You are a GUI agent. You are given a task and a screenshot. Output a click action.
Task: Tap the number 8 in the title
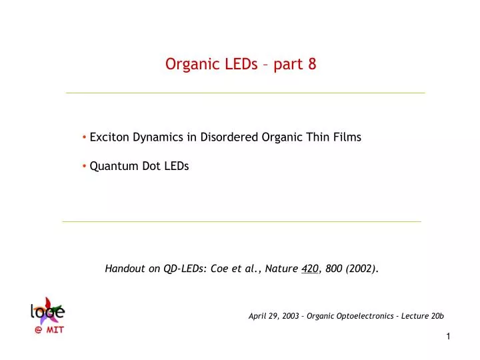(x=312, y=65)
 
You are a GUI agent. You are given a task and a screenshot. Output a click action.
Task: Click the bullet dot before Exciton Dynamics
(x=85, y=137)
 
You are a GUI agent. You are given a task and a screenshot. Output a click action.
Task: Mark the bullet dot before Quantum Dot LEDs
(x=85, y=167)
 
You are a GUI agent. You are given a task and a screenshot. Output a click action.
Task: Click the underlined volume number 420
(x=309, y=269)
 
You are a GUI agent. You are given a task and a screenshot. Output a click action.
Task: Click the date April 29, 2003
(x=273, y=316)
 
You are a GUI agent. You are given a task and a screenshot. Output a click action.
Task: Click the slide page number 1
(x=449, y=337)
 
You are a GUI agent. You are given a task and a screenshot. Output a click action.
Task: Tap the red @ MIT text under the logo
(x=49, y=329)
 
